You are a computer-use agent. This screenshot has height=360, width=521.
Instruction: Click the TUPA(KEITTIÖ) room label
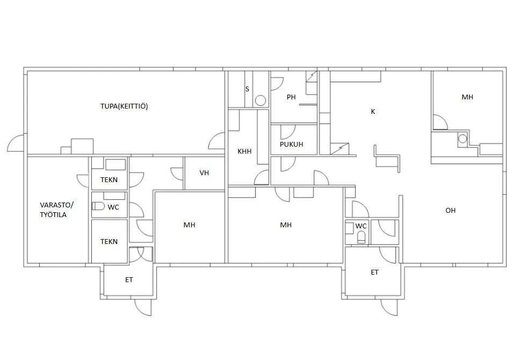(x=124, y=106)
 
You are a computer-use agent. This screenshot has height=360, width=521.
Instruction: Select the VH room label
(x=204, y=173)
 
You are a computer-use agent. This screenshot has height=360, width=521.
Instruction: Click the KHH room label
(x=244, y=152)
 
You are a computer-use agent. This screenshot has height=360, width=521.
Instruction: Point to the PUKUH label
(x=292, y=144)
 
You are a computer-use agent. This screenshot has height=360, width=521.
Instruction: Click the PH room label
(x=291, y=97)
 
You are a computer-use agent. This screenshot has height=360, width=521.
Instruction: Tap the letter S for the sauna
(x=247, y=89)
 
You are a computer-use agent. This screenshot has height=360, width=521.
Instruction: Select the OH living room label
(x=451, y=211)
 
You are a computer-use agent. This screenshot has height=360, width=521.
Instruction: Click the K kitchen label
(x=373, y=112)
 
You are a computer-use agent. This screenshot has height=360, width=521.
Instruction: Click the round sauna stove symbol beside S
(x=260, y=100)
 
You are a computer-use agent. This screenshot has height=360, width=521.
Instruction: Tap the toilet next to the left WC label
(x=98, y=206)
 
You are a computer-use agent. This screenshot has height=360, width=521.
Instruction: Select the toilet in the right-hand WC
(x=361, y=237)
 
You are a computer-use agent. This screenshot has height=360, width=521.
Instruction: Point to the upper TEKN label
(x=109, y=180)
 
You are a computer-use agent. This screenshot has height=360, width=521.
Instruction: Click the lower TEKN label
(x=109, y=242)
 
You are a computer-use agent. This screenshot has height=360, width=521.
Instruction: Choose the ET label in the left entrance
(x=129, y=280)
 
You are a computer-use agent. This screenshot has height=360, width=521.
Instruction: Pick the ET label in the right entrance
(x=374, y=272)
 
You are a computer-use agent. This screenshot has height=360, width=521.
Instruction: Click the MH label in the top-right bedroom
(x=467, y=97)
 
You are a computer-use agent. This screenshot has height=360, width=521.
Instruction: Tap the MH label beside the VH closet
(x=190, y=225)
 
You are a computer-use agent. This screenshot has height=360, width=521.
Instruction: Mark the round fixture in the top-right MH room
(x=462, y=138)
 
